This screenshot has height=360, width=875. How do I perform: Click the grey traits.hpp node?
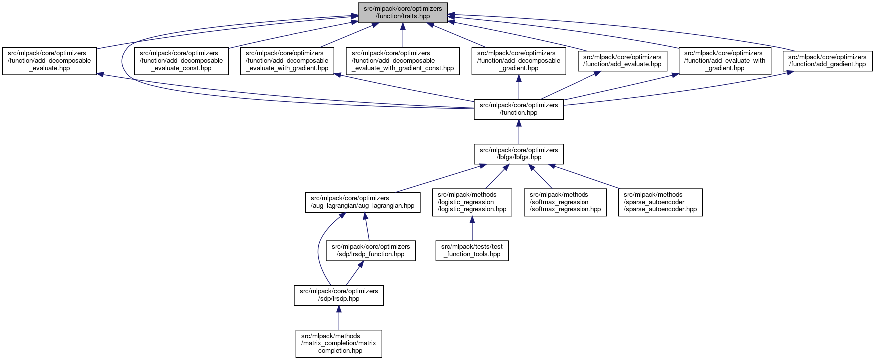tap(403, 12)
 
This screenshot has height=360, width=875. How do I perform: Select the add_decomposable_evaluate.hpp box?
tap(49, 61)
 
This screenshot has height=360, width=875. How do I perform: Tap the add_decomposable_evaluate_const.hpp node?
tap(181, 61)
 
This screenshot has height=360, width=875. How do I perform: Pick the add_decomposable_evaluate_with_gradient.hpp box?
tap(287, 61)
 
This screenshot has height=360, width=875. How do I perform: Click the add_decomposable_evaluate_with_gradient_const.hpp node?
tap(403, 61)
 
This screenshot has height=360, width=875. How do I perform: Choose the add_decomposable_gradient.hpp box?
tap(519, 61)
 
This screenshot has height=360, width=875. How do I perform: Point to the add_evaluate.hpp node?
tap(622, 61)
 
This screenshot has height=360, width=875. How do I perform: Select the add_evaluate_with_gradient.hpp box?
tap(724, 61)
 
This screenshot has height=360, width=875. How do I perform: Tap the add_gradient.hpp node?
tap(827, 61)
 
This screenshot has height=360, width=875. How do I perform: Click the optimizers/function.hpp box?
tap(519, 109)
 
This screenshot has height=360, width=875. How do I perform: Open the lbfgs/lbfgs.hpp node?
tap(519, 154)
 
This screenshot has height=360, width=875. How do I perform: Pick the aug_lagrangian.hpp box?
tap(362, 202)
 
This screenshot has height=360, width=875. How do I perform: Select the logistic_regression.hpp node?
tap(472, 202)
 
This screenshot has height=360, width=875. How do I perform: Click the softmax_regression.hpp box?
tap(565, 202)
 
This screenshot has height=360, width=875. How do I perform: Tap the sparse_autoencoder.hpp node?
tap(660, 202)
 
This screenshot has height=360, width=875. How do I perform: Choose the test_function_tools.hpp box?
tap(472, 250)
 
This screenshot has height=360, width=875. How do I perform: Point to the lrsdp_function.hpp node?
tap(371, 250)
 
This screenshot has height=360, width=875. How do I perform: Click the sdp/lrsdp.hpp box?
tap(339, 295)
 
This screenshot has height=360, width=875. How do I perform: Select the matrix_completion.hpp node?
tap(339, 343)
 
